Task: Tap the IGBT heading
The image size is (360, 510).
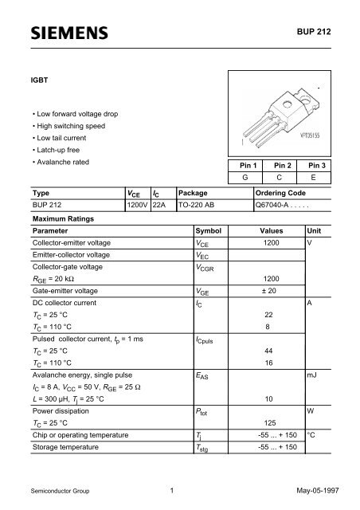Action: (x=39, y=80)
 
